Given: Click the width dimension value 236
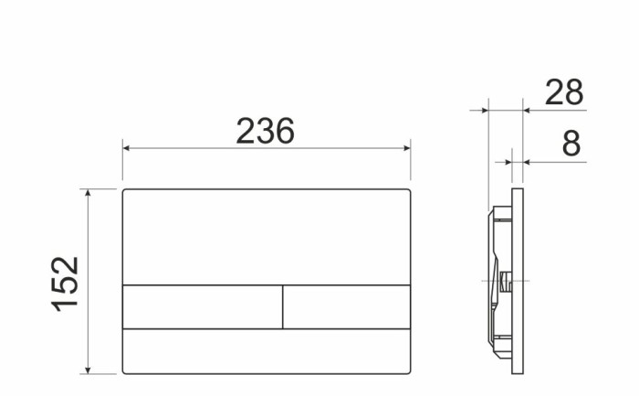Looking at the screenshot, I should click(266, 132).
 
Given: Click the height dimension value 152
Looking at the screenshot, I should click(66, 283).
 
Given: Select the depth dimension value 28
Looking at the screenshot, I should click(563, 92).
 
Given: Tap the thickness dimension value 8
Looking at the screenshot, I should click(571, 144).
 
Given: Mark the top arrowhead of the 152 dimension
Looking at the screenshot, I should click(88, 195).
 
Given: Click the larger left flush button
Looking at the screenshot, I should click(202, 305).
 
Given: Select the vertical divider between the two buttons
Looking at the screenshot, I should click(283, 305).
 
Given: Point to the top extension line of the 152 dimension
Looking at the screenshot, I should click(100, 189).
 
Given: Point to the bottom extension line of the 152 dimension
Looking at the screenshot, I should click(100, 373).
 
